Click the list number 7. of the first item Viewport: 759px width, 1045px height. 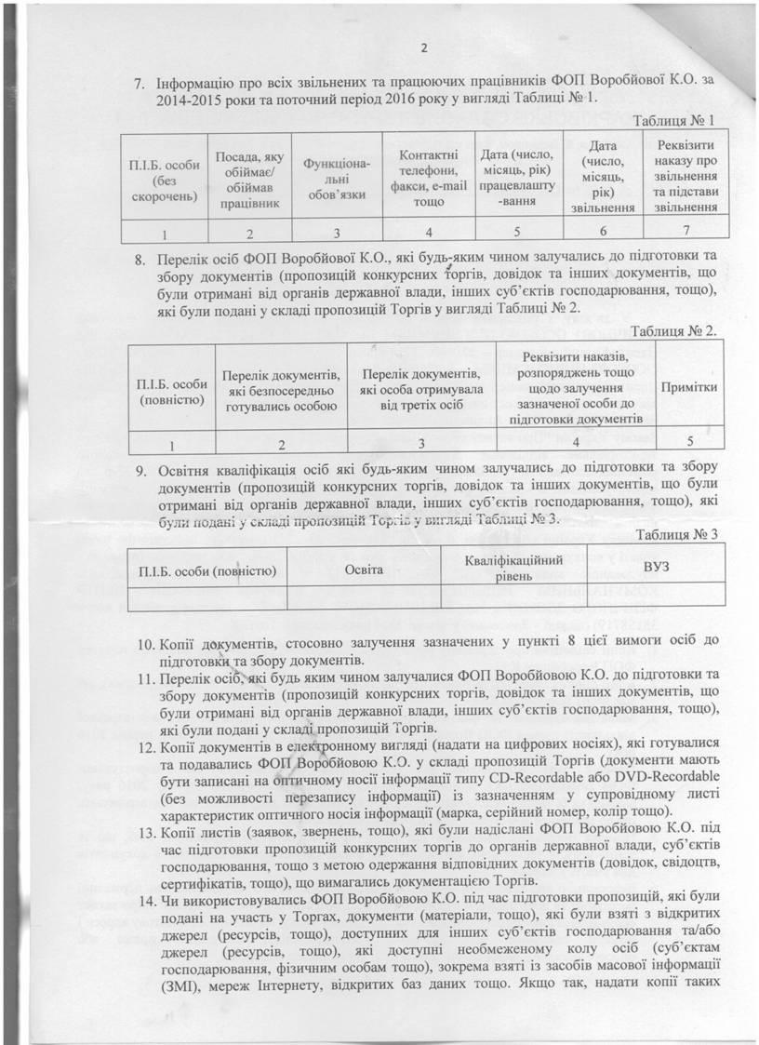[x=142, y=81]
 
